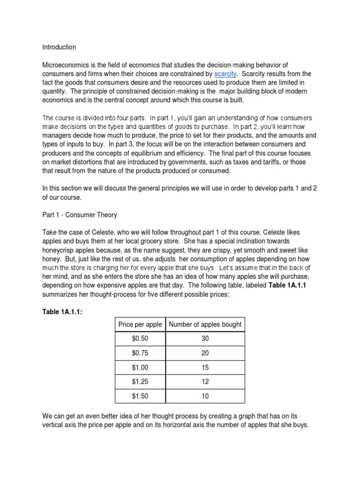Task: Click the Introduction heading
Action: coord(59,47)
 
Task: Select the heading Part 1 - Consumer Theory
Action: coord(80,215)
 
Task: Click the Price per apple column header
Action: coord(140,324)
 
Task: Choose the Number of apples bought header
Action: coord(205,324)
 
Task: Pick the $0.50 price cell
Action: coord(140,339)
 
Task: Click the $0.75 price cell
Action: coord(140,353)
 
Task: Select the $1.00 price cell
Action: coord(140,368)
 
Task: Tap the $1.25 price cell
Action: coord(140,382)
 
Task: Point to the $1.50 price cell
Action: coord(140,397)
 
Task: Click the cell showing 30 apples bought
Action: coord(205,339)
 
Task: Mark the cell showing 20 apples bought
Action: coord(205,353)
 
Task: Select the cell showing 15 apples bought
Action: coord(205,368)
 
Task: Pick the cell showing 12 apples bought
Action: coord(205,382)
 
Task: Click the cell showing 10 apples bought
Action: coord(205,397)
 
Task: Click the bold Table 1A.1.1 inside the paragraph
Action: coord(287,285)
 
